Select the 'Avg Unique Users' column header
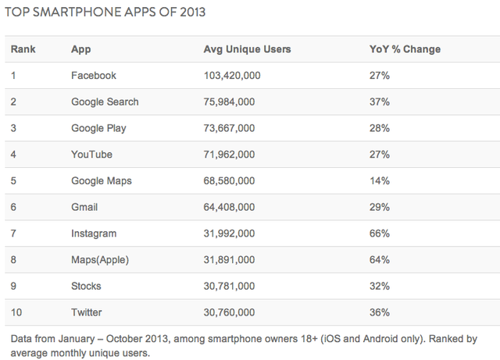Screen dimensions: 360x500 click(x=247, y=49)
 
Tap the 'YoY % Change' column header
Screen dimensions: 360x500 click(x=405, y=49)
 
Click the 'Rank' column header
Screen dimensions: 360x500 click(x=23, y=49)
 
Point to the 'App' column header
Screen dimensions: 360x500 click(x=80, y=49)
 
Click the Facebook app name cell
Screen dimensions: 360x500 click(x=93, y=76)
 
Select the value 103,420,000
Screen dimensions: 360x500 click(x=232, y=76)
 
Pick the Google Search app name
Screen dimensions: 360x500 click(x=105, y=102)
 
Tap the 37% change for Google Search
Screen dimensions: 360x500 click(x=380, y=102)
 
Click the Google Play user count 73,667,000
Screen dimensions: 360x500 click(x=229, y=128)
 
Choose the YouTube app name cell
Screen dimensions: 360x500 click(x=91, y=155)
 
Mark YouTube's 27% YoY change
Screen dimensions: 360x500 click(x=380, y=155)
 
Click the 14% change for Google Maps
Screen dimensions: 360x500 click(x=380, y=181)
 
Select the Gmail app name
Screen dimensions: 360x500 click(x=84, y=208)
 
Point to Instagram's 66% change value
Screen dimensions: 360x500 click(x=380, y=233)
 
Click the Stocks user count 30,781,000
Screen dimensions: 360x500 click(x=229, y=286)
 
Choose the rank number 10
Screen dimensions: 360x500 click(x=16, y=312)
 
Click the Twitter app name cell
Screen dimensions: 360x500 click(x=86, y=312)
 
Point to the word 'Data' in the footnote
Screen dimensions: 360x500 click(x=23, y=339)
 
